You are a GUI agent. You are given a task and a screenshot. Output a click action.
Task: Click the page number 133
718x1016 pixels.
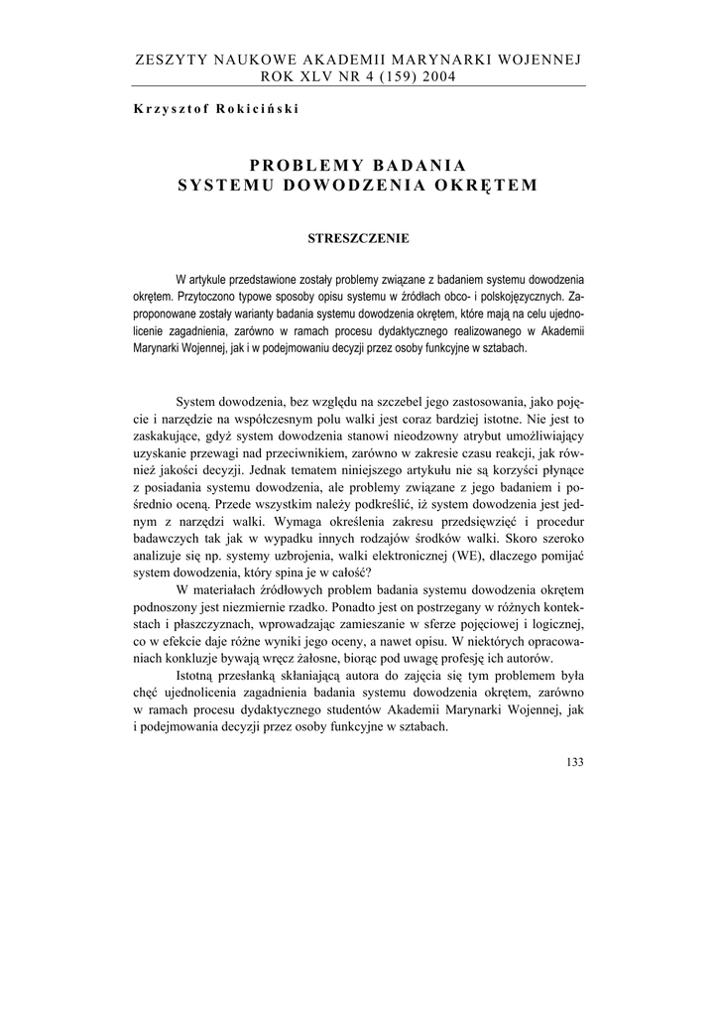pyautogui.click(x=574, y=763)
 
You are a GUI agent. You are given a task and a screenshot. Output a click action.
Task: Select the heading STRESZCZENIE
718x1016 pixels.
pyautogui.click(x=358, y=238)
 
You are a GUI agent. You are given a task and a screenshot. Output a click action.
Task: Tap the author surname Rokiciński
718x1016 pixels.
pyautogui.click(x=249, y=109)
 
